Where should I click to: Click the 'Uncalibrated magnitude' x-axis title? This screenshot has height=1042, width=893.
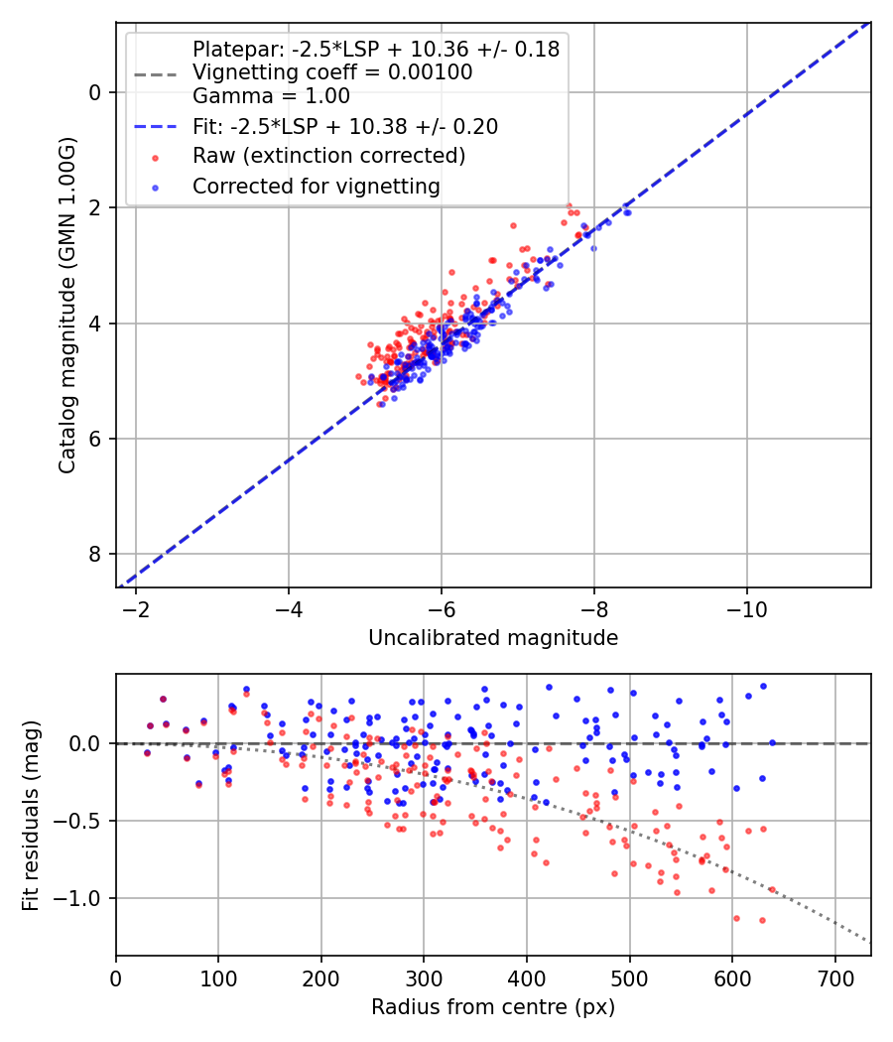point(493,638)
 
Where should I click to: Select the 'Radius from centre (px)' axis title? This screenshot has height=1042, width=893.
point(493,1007)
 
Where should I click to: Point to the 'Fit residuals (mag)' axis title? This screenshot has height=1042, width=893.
point(31,815)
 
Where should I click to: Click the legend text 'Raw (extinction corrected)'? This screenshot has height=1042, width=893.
point(328,156)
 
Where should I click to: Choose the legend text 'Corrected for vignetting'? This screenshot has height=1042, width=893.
point(316,186)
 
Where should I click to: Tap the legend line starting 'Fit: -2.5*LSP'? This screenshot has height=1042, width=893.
point(345,126)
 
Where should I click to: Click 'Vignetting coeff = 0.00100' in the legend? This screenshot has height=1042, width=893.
point(332,72)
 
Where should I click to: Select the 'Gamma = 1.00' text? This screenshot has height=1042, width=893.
point(271,96)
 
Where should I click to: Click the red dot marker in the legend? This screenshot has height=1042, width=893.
point(154,157)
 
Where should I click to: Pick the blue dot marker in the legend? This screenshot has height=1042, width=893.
point(154,187)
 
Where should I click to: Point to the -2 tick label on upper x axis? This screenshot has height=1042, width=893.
point(136,607)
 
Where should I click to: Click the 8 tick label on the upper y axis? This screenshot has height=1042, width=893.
point(96,554)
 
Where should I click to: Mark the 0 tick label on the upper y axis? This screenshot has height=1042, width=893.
point(96,92)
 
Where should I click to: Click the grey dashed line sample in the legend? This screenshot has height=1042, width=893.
point(154,73)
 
